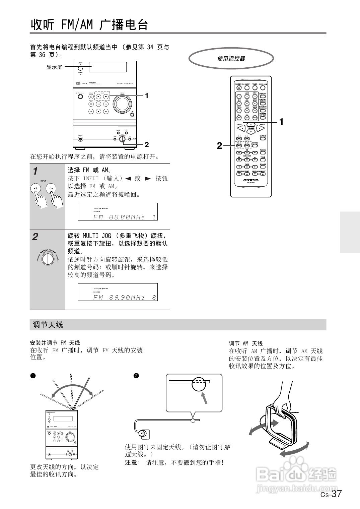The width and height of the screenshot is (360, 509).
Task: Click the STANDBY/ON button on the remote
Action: [239, 88]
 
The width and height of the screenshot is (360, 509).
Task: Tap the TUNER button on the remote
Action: [263, 153]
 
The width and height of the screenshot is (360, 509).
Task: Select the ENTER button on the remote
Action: [255, 145]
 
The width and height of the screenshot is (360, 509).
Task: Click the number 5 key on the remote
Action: [247, 103]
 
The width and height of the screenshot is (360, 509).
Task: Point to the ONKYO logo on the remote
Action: [251, 180]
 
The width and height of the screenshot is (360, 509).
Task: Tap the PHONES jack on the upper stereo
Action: [80, 139]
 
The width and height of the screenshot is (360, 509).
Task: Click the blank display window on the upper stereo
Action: [107, 67]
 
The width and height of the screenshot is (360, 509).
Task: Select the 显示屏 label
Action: [54, 67]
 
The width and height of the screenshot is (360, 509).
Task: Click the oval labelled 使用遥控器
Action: [231, 59]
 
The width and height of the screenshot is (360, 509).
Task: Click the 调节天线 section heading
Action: [48, 325]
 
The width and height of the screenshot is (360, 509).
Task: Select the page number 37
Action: [337, 494]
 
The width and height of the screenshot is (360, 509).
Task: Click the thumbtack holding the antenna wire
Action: [193, 421]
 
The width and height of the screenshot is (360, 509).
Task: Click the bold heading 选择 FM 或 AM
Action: [89, 170]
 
